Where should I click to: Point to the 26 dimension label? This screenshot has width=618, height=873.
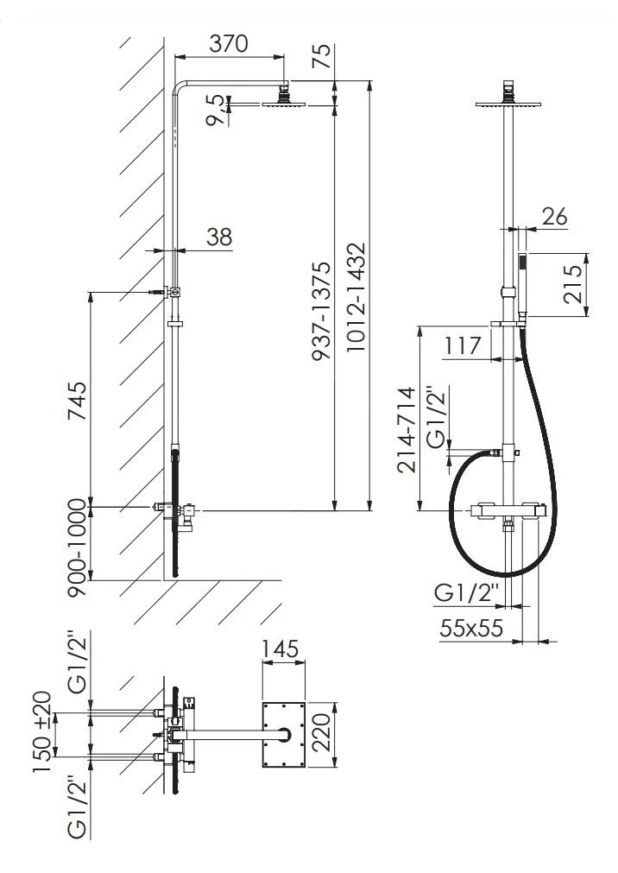pyautogui.click(x=554, y=217)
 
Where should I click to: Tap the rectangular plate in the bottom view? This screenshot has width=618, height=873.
pyautogui.click(x=283, y=735)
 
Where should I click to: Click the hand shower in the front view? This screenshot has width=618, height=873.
pyautogui.click(x=521, y=276)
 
